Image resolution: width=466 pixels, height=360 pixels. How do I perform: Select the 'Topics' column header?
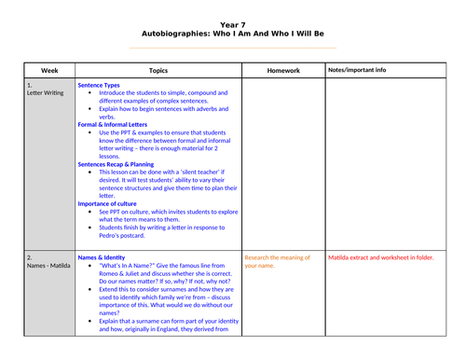tap(158, 70)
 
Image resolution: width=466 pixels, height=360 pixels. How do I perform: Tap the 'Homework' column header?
tap(282, 70)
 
